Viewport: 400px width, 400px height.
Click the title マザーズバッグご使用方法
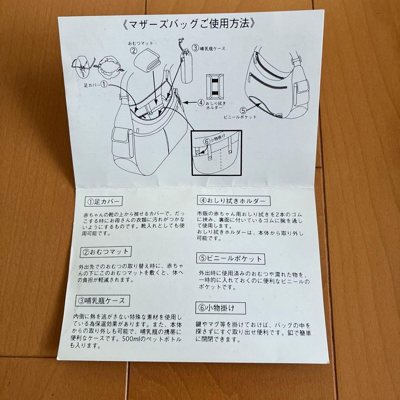(189, 24)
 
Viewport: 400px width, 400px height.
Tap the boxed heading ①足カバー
(104, 201)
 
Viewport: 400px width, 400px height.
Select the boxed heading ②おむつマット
(106, 252)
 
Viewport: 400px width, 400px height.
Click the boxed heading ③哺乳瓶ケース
(103, 300)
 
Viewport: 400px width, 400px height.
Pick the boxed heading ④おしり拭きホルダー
(234, 200)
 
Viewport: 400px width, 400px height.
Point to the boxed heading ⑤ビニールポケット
(231, 259)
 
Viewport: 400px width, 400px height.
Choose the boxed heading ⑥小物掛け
(220, 308)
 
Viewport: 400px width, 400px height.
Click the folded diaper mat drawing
(147, 60)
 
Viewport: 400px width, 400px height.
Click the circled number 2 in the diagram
(134, 50)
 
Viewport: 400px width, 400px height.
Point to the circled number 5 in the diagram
(243, 110)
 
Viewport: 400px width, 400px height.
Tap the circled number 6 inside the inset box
(206, 141)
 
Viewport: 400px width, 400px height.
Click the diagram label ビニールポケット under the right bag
(240, 117)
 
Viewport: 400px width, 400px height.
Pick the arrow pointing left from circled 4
(190, 103)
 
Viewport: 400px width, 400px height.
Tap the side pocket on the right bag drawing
(301, 92)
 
